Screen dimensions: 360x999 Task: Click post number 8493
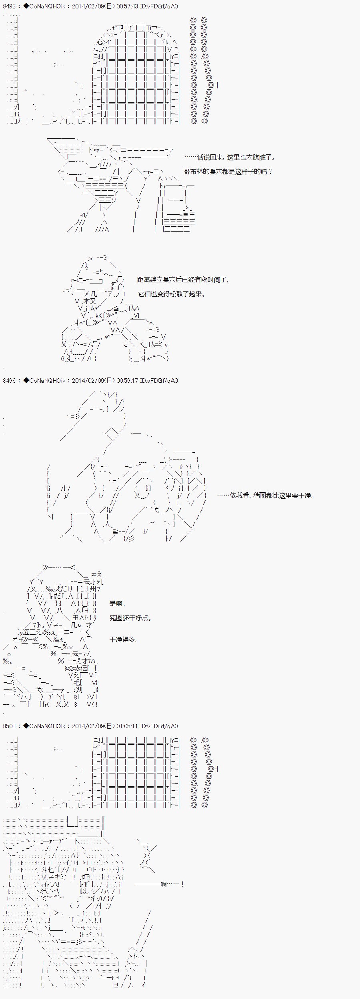coord(10,6)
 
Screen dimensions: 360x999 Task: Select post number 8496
coord(10,381)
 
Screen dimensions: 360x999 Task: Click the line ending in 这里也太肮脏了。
coord(230,158)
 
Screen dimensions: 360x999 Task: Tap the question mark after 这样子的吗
coord(270,172)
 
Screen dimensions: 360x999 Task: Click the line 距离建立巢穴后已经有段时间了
coord(183,280)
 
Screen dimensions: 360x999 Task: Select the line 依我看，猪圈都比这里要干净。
coord(266,496)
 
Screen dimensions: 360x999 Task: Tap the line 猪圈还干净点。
coord(130,618)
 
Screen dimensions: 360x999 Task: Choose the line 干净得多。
coord(124,639)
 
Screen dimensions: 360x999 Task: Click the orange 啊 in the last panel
coord(163,884)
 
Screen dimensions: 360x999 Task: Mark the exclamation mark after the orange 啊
coord(182,884)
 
